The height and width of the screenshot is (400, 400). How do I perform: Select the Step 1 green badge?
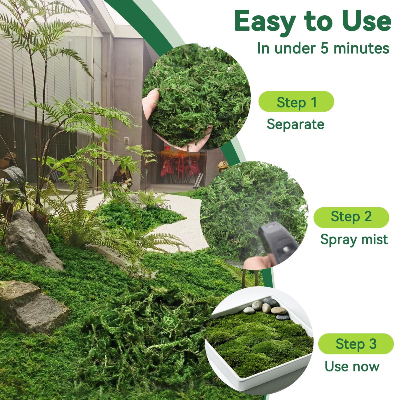[296, 101]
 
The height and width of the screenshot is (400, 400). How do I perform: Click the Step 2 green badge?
[351, 217]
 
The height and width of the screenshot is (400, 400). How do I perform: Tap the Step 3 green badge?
[356, 344]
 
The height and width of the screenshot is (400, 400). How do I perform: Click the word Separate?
[295, 124]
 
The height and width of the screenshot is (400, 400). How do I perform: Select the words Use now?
[352, 366]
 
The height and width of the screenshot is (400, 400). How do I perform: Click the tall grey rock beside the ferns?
[32, 240]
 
